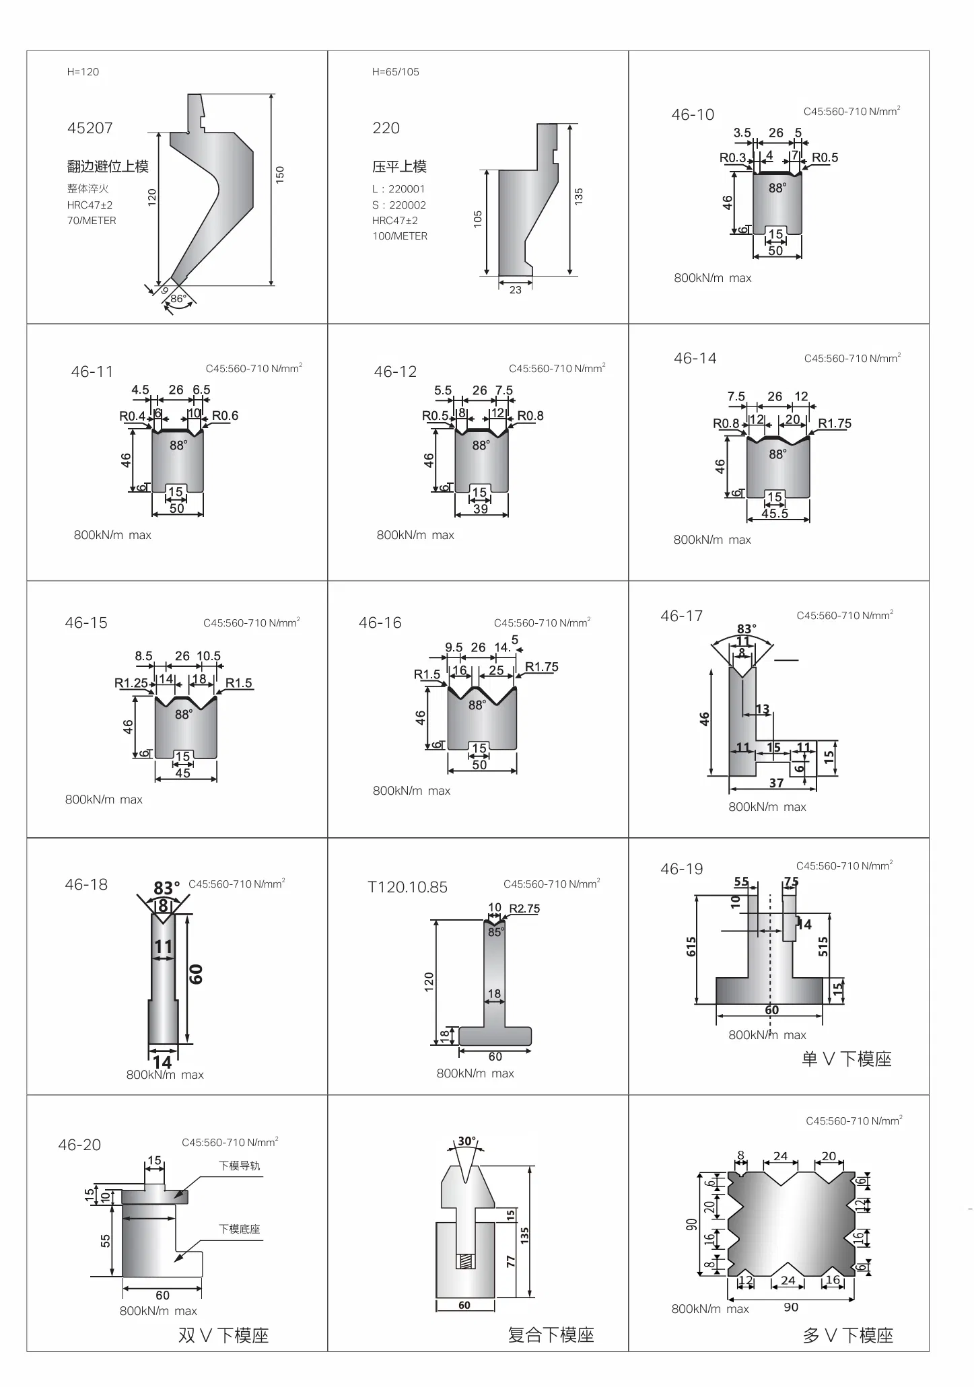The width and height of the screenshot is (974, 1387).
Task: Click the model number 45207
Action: click(x=90, y=128)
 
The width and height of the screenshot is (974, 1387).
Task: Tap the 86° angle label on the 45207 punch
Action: click(x=178, y=298)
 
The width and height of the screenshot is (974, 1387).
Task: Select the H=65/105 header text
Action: click(x=395, y=72)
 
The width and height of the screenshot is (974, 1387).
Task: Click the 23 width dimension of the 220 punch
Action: click(x=515, y=290)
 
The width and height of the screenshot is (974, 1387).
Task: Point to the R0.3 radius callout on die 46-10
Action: click(x=732, y=157)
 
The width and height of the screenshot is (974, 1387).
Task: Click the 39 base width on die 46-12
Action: click(x=481, y=509)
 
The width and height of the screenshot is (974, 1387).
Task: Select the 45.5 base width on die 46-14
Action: click(x=775, y=513)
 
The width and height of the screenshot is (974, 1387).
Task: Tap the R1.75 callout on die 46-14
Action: click(x=835, y=423)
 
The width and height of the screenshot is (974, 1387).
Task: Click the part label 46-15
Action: click(x=86, y=623)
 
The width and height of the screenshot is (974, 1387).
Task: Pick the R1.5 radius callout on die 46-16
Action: click(x=427, y=674)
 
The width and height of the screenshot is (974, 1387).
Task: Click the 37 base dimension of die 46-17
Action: click(x=776, y=783)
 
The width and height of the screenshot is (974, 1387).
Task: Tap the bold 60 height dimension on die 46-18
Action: click(x=196, y=974)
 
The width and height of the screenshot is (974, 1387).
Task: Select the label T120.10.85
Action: click(x=407, y=887)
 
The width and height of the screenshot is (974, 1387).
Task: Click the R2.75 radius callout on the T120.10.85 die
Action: click(x=524, y=909)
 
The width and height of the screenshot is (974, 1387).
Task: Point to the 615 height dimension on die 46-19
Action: click(x=691, y=947)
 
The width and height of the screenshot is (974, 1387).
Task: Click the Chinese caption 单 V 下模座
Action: click(x=846, y=1059)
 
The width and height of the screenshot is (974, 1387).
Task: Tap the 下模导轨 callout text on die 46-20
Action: click(x=239, y=1166)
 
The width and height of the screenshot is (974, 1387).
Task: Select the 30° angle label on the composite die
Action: click(x=466, y=1141)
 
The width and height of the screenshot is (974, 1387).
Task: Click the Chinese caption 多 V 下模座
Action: click(x=847, y=1336)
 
